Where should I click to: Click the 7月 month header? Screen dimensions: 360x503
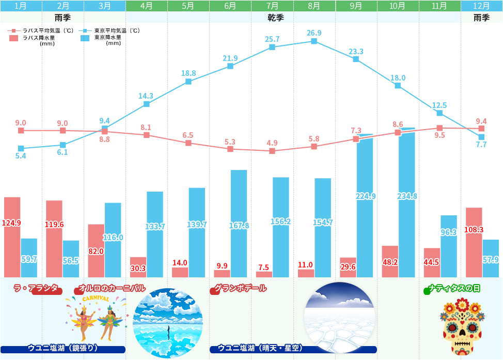[x=272, y=6]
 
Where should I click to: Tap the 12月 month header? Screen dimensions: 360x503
[x=481, y=6]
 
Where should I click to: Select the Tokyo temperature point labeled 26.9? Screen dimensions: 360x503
[x=314, y=41]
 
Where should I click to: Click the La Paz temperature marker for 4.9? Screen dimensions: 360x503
[x=272, y=151]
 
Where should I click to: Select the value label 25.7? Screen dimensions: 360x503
[x=272, y=39]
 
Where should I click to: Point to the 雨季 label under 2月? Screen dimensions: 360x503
[x=62, y=18]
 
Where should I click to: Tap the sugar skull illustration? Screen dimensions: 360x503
[x=462, y=327]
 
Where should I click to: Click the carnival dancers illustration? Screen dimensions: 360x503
[x=96, y=315]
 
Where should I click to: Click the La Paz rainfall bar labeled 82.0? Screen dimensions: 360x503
[x=96, y=251]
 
